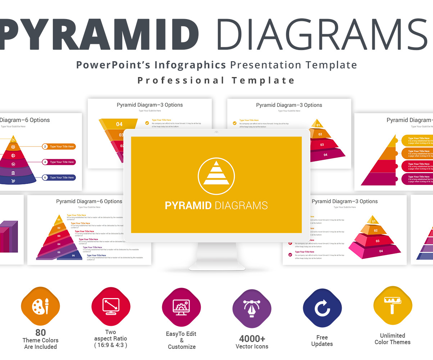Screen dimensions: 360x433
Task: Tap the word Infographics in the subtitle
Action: point(190,65)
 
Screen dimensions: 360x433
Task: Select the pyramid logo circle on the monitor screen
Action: point(216,176)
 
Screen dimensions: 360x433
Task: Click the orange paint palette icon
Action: point(40,306)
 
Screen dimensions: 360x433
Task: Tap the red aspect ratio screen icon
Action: point(111,306)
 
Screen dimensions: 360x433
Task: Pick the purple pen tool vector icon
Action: point(252,309)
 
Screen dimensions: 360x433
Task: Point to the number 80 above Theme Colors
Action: point(40,332)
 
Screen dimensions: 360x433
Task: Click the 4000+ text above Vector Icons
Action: point(252,339)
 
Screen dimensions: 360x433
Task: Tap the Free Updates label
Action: point(322,341)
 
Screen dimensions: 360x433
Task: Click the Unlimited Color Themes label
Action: point(392,339)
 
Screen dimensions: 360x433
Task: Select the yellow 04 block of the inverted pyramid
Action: point(119,124)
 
